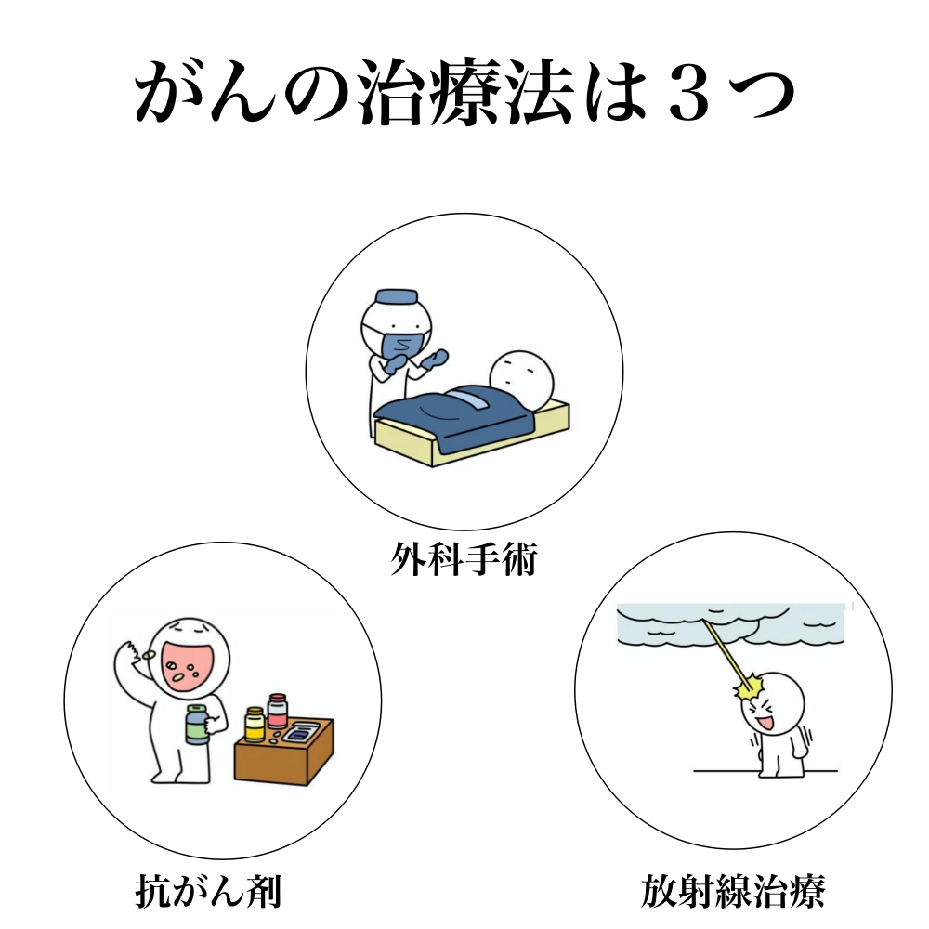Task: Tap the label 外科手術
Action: (x=464, y=558)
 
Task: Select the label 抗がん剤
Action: (x=208, y=891)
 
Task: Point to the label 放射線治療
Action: (x=733, y=891)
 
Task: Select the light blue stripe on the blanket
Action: (x=469, y=398)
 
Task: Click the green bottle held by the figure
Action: (x=198, y=724)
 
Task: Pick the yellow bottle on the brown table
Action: (x=255, y=724)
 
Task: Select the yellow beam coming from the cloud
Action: (x=726, y=653)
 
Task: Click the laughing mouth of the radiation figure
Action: (x=766, y=722)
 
